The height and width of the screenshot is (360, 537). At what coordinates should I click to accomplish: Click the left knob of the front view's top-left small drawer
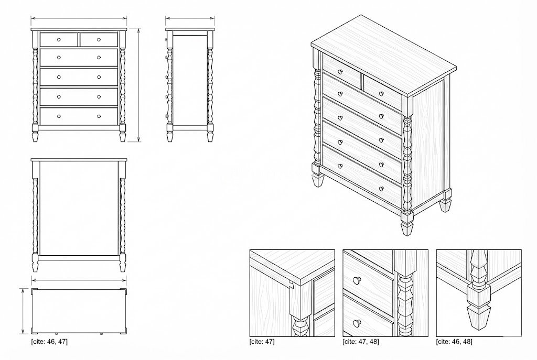coord(59,39)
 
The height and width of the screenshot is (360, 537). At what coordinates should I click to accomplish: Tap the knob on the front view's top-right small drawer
coord(99,39)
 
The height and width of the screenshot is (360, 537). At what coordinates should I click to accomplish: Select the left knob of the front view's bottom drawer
coord(59,116)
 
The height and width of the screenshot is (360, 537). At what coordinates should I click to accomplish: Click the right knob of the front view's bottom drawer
coord(99,116)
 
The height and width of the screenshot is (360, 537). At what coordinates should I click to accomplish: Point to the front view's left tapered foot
coord(35,136)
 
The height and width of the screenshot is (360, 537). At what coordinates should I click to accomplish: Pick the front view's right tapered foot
coord(123,136)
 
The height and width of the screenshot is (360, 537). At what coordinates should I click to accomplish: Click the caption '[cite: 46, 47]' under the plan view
coord(49,342)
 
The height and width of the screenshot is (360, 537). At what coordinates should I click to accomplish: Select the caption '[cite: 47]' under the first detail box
coord(262,342)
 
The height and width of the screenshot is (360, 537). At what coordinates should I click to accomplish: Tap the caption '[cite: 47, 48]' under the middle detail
coord(361,342)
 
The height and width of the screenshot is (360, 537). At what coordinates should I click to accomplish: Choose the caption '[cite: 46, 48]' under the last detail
coord(454,342)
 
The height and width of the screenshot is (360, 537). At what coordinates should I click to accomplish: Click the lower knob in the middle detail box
coord(358,321)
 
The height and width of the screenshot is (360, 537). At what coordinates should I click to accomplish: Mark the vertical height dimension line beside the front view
coord(139,84)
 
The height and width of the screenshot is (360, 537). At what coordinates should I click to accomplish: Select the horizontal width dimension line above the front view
coord(79,19)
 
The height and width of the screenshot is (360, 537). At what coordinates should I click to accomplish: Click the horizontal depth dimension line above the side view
coord(190,19)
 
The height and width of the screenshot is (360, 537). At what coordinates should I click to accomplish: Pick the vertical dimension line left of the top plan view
coord(24,310)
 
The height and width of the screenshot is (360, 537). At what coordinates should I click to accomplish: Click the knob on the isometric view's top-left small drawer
coord(340,72)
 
